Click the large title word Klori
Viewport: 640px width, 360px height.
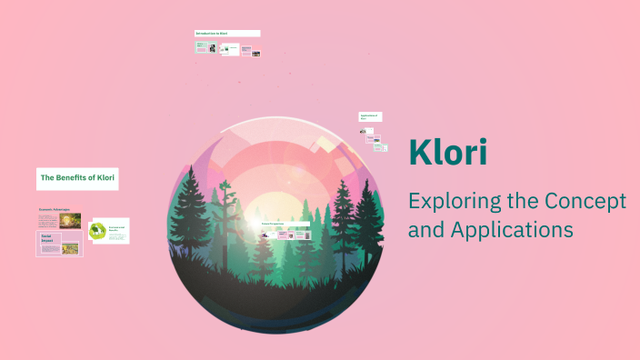pyautogui.click(x=447, y=152)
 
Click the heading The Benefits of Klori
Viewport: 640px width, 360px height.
pyautogui.click(x=77, y=178)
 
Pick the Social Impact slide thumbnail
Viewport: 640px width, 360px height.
pyautogui.click(x=59, y=244)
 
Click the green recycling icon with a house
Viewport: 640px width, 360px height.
pyautogui.click(x=97, y=231)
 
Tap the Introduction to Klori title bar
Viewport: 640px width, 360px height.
pyautogui.click(x=227, y=34)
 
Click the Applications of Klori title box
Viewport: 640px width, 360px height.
pyautogui.click(x=369, y=116)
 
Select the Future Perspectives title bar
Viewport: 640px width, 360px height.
pyautogui.click(x=284, y=223)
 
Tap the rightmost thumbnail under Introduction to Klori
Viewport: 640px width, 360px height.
pyautogui.click(x=256, y=53)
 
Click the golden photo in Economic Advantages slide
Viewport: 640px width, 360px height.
pyautogui.click(x=72, y=221)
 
